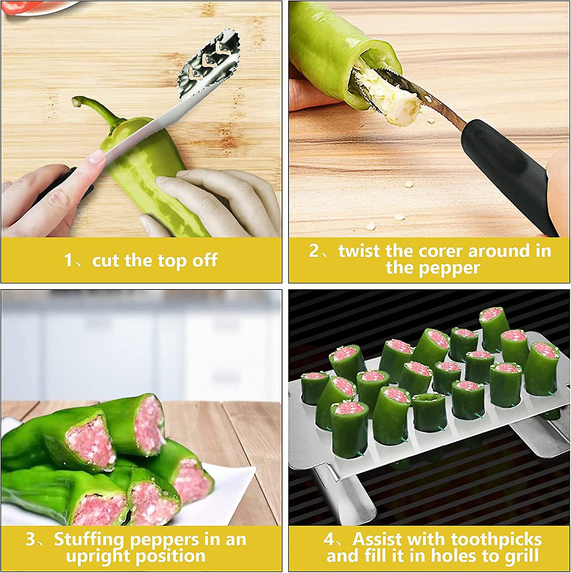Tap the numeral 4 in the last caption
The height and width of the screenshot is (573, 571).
329,540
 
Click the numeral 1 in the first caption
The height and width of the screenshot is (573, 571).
68,261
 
